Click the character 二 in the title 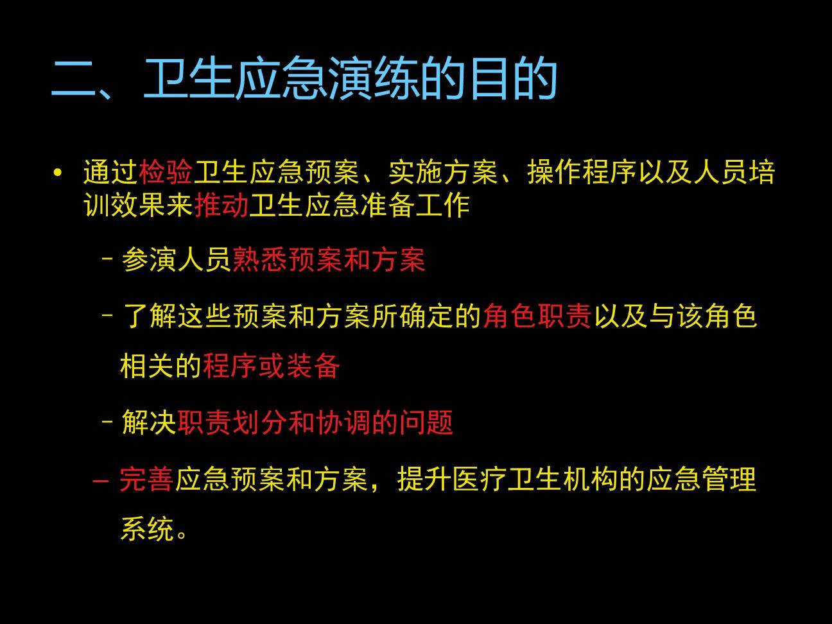pyautogui.click(x=73, y=80)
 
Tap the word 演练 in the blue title pyautogui.click(x=374, y=80)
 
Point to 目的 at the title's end pyautogui.click(x=512, y=80)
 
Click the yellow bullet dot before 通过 pyautogui.click(x=59, y=173)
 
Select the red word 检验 pyautogui.click(x=166, y=173)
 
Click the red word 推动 pyautogui.click(x=221, y=205)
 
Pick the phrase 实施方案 pyautogui.click(x=443, y=173)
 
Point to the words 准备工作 pyautogui.click(x=415, y=205)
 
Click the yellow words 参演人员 pyautogui.click(x=176, y=260)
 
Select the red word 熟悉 pyautogui.click(x=259, y=260)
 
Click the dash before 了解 pyautogui.click(x=108, y=316)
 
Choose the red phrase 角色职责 pyautogui.click(x=537, y=316)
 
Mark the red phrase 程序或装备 pyautogui.click(x=271, y=366)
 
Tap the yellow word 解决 pyautogui.click(x=148, y=422)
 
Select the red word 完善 pyautogui.click(x=146, y=480)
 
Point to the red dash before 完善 pyautogui.click(x=101, y=480)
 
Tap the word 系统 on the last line pyautogui.click(x=148, y=530)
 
